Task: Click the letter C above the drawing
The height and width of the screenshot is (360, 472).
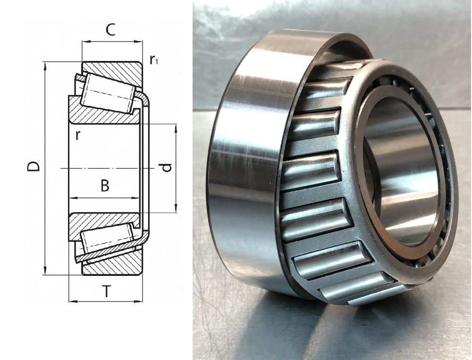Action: (110, 30)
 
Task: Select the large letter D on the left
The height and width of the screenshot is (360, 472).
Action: (34, 166)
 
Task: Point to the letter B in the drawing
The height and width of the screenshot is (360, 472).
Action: (105, 186)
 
